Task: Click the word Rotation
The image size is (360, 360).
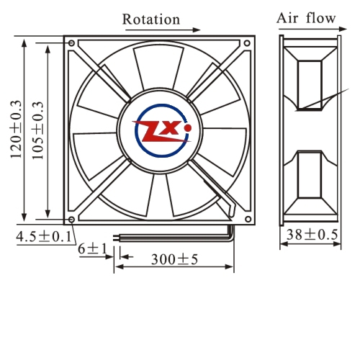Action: tap(151, 19)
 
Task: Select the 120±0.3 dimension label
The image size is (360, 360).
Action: tap(16, 129)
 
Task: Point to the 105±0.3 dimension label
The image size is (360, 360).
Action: tap(38, 130)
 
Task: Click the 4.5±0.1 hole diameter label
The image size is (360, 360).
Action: tap(44, 236)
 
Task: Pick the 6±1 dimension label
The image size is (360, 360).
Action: tap(92, 248)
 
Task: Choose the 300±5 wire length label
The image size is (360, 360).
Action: tap(174, 259)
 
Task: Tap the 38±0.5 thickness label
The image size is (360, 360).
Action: tap(312, 235)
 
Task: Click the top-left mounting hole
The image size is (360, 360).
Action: tap(71, 43)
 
